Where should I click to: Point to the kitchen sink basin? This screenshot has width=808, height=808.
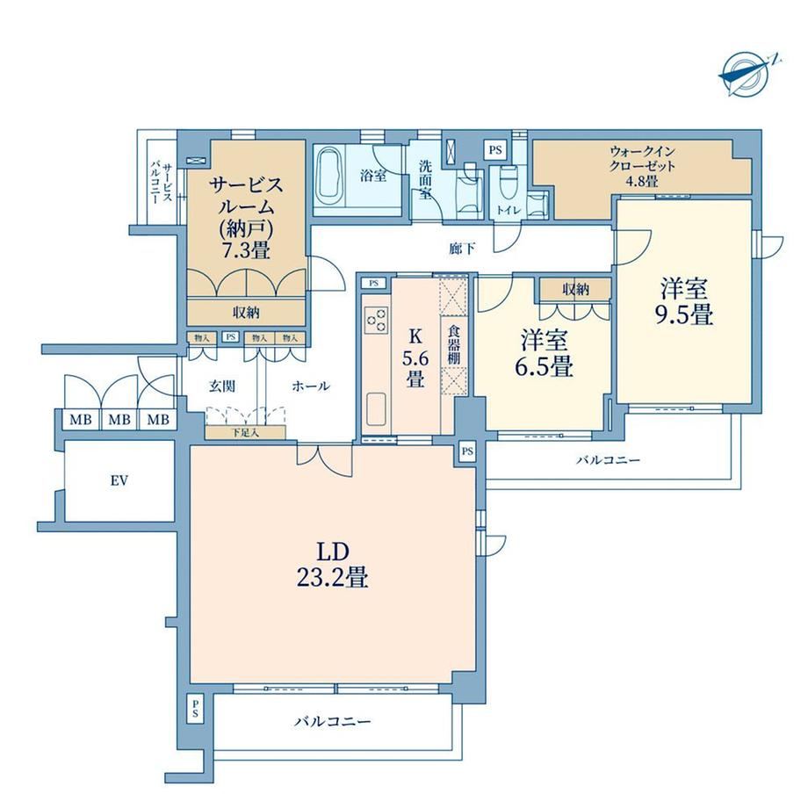coord(376,409)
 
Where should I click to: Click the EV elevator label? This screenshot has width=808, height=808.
coord(119,480)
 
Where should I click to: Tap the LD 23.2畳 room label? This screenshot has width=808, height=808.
coord(332,564)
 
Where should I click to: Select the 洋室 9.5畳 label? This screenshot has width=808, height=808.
coord(684,301)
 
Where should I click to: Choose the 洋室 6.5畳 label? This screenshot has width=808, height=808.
coord(545,353)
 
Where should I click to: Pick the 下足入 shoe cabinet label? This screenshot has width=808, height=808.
coord(245,432)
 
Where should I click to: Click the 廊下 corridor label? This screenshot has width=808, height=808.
coord(462,249)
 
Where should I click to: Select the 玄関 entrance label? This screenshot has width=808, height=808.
coord(222,386)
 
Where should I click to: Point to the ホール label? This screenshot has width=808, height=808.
coord(311,386)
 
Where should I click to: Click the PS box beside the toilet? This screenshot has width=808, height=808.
coord(495,150)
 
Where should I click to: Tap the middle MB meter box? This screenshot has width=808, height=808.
coord(119,420)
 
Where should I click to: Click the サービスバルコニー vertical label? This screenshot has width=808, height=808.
coord(161,183)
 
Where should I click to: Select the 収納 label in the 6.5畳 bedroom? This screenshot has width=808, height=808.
coord(575,290)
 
